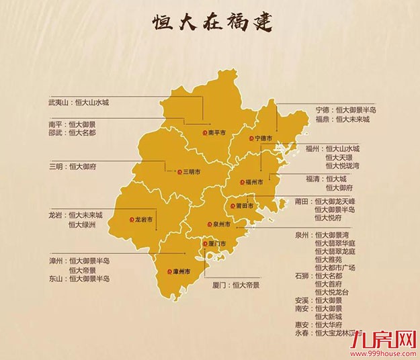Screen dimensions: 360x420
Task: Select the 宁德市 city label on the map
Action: coord(262,138)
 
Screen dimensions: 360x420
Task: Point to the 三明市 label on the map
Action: coord(193,172)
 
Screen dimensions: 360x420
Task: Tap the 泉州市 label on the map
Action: coord(224,224)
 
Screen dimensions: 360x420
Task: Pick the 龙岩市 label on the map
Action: coord(143,219)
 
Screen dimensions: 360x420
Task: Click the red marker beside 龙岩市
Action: coord(132,219)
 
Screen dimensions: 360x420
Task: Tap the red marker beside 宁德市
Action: coord(250,138)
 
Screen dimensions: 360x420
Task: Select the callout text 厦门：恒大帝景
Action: coord(236,285)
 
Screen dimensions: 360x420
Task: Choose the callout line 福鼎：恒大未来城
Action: coord(343,120)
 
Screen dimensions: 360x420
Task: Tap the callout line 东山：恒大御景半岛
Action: coord(79,279)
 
